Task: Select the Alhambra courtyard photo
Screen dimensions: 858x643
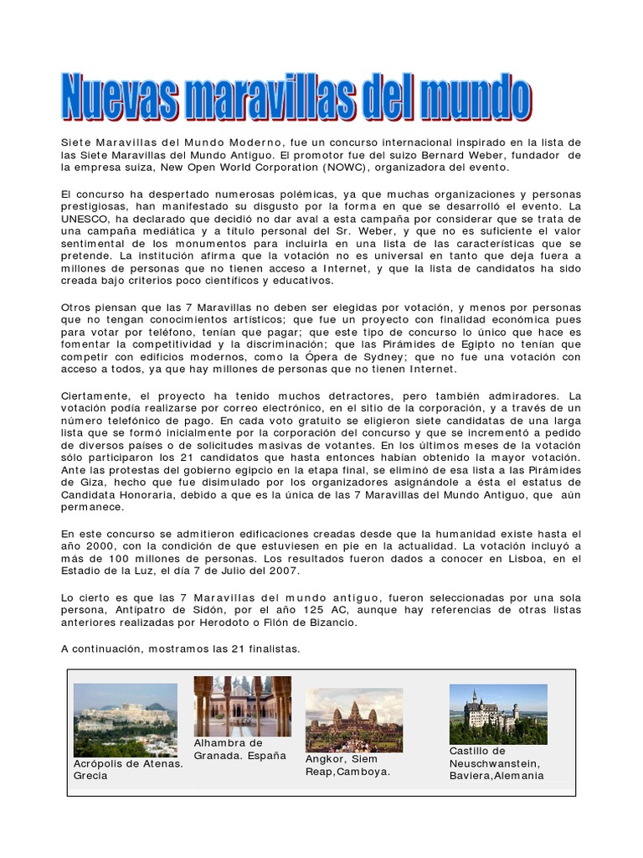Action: click(x=243, y=706)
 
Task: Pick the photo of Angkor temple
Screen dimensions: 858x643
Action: click(x=353, y=719)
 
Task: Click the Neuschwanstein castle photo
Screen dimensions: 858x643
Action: click(x=498, y=714)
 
